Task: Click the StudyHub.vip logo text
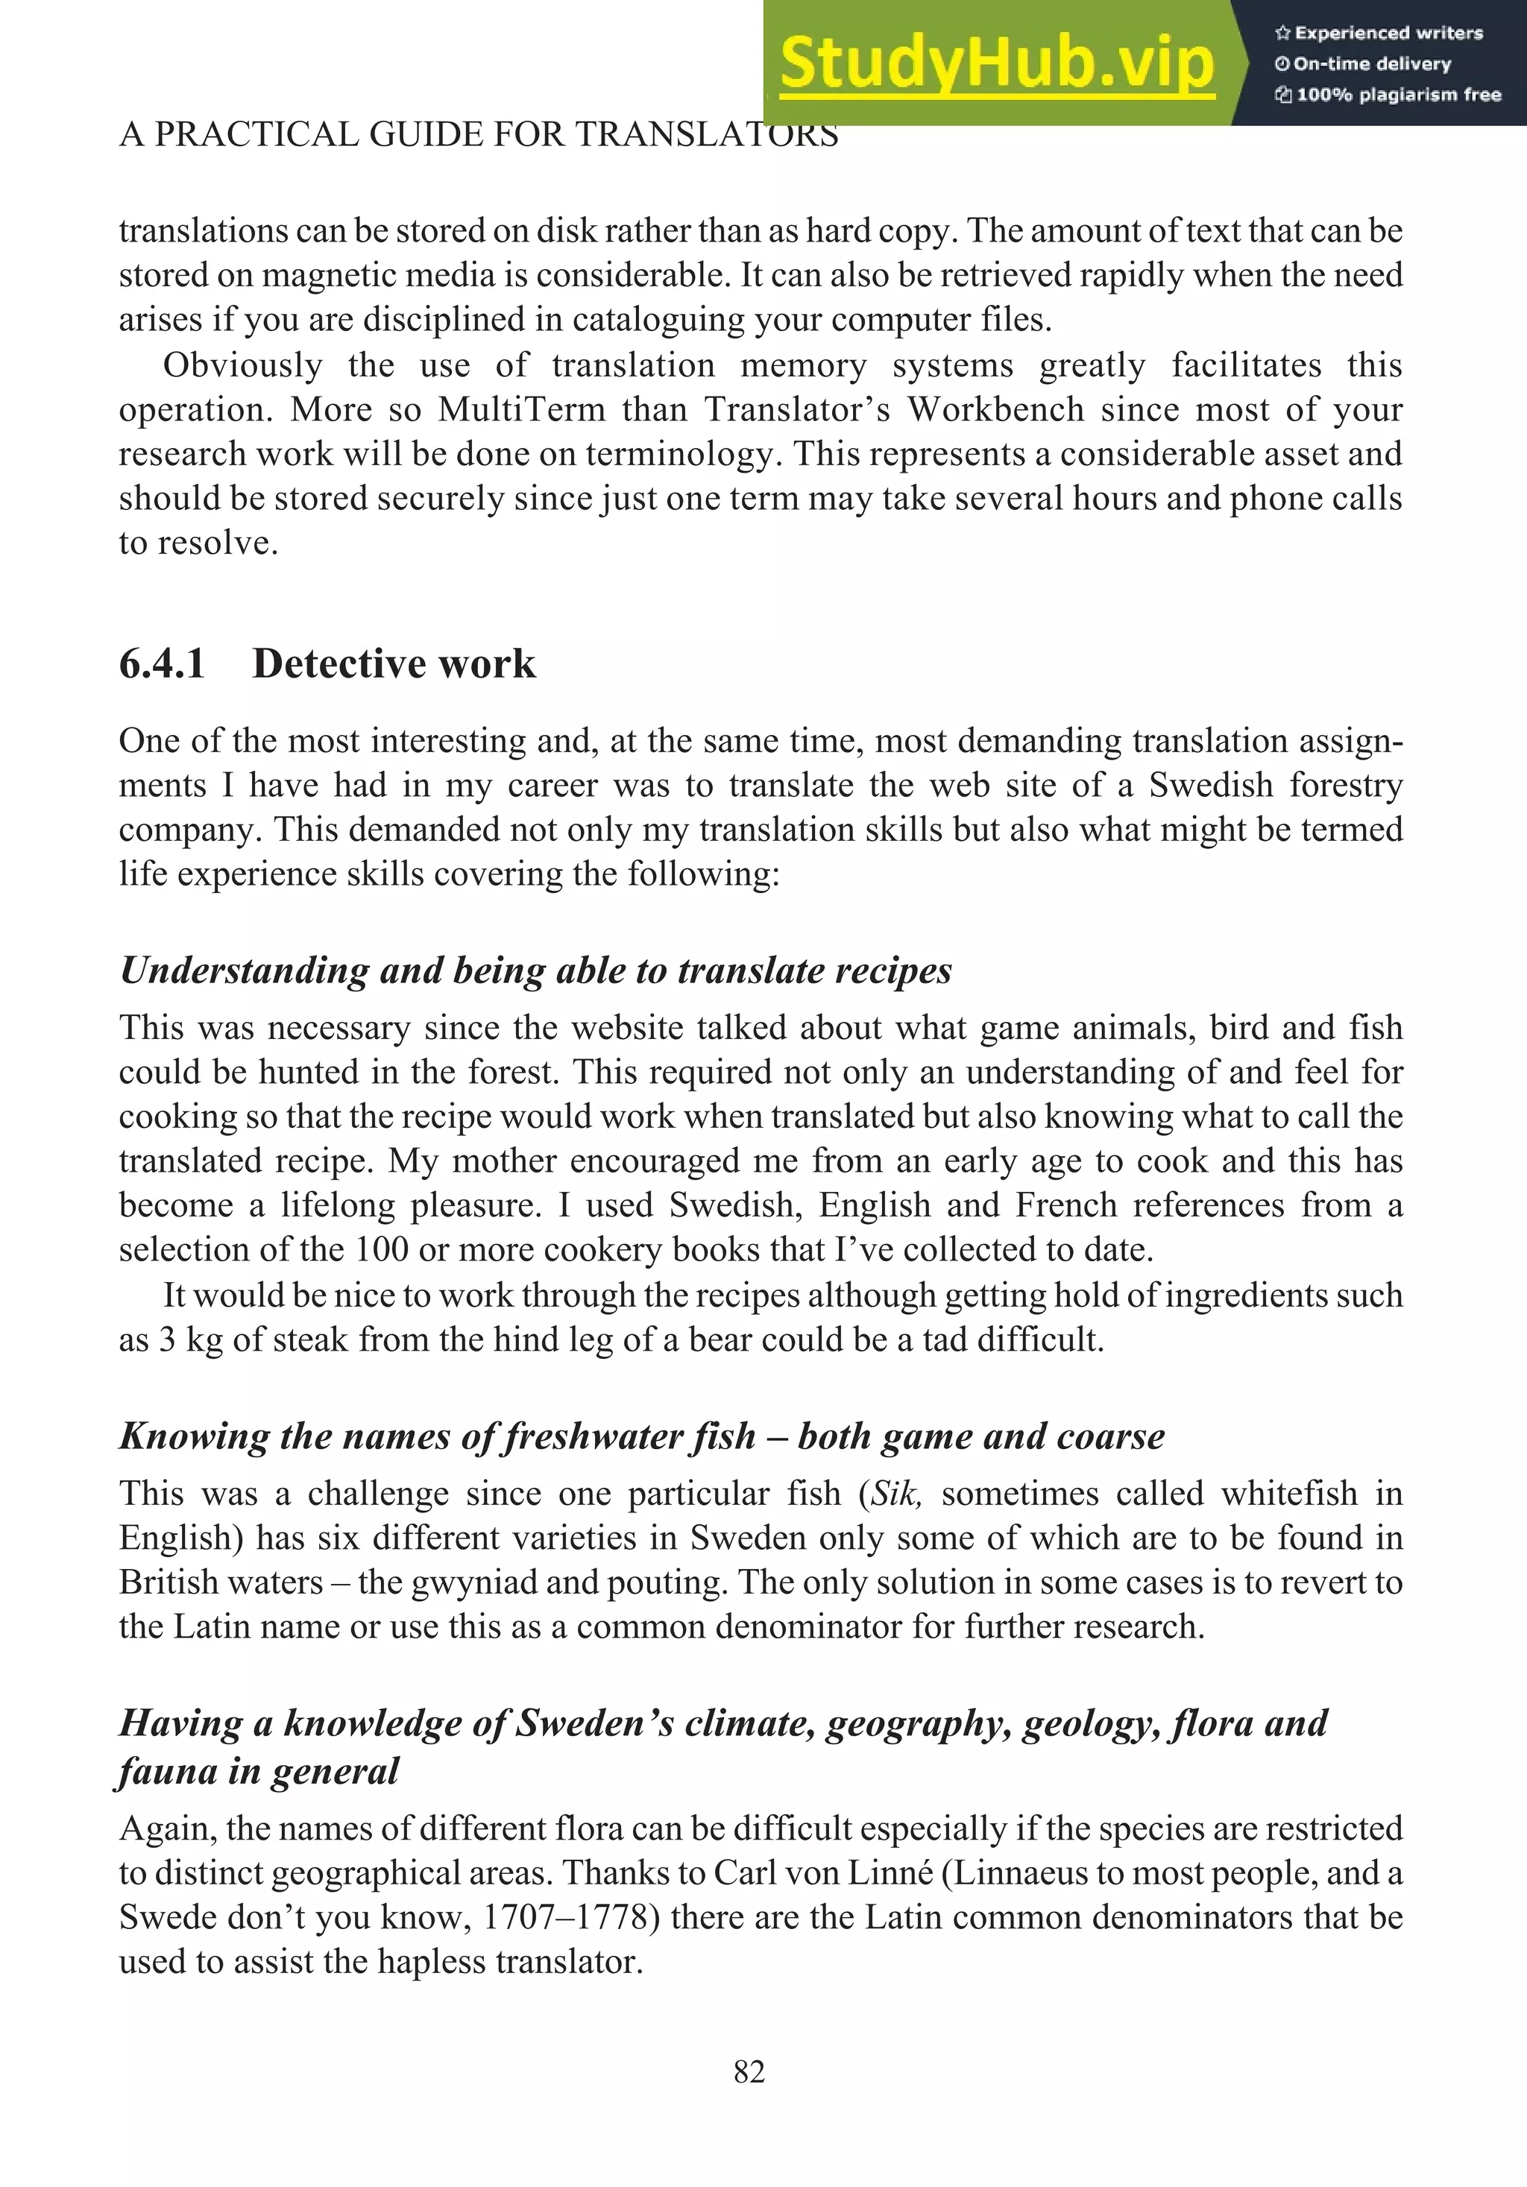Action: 996,63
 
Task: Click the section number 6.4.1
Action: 162,664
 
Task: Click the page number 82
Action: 749,2071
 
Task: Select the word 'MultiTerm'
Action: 521,409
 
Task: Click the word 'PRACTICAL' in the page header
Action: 257,134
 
